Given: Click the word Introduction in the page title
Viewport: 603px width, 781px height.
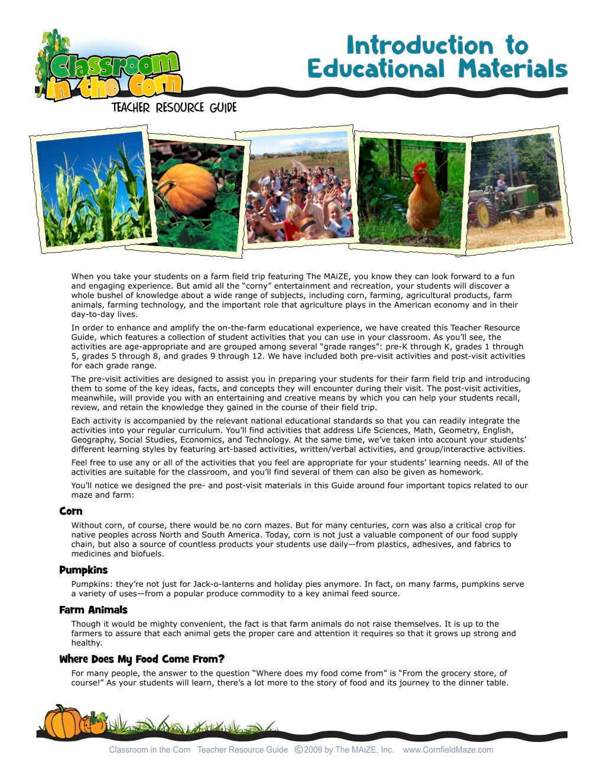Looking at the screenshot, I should click(419, 46).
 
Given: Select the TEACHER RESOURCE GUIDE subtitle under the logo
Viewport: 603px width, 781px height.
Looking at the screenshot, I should click(174, 108).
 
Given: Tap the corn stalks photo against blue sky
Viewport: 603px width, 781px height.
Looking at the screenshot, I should click(95, 189).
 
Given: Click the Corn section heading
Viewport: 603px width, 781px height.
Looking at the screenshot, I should click(71, 511).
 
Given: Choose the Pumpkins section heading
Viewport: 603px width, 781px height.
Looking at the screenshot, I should click(83, 570).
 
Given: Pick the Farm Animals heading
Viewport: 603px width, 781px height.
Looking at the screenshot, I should click(93, 610).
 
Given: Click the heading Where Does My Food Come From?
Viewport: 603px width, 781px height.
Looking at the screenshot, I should click(142, 659).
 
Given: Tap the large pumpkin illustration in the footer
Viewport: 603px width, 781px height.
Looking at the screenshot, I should click(63, 722).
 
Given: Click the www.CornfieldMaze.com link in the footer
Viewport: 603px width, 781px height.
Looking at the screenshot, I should click(448, 750).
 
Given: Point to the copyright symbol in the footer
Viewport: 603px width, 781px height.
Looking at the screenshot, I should click(299, 750).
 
